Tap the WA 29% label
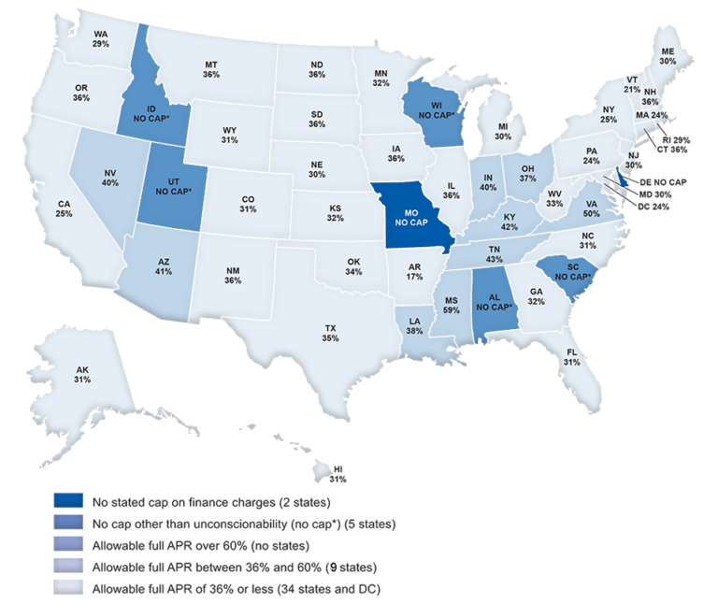point(102,38)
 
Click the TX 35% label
point(330,333)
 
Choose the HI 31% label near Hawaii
point(337,473)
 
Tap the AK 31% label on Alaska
point(82,375)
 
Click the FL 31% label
point(570,357)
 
